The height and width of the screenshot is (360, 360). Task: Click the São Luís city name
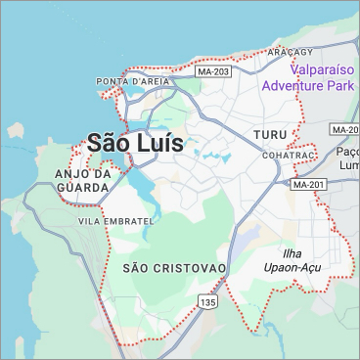point(135,142)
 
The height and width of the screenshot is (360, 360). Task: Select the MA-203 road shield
point(212,71)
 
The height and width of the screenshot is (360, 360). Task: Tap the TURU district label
point(269,133)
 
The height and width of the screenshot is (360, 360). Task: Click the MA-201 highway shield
point(307,184)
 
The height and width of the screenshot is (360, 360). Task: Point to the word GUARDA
point(75,187)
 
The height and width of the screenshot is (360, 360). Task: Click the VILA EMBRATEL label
point(115,222)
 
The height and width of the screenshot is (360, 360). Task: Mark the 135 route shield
point(207,303)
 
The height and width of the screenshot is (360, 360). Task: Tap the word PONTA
point(112,80)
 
